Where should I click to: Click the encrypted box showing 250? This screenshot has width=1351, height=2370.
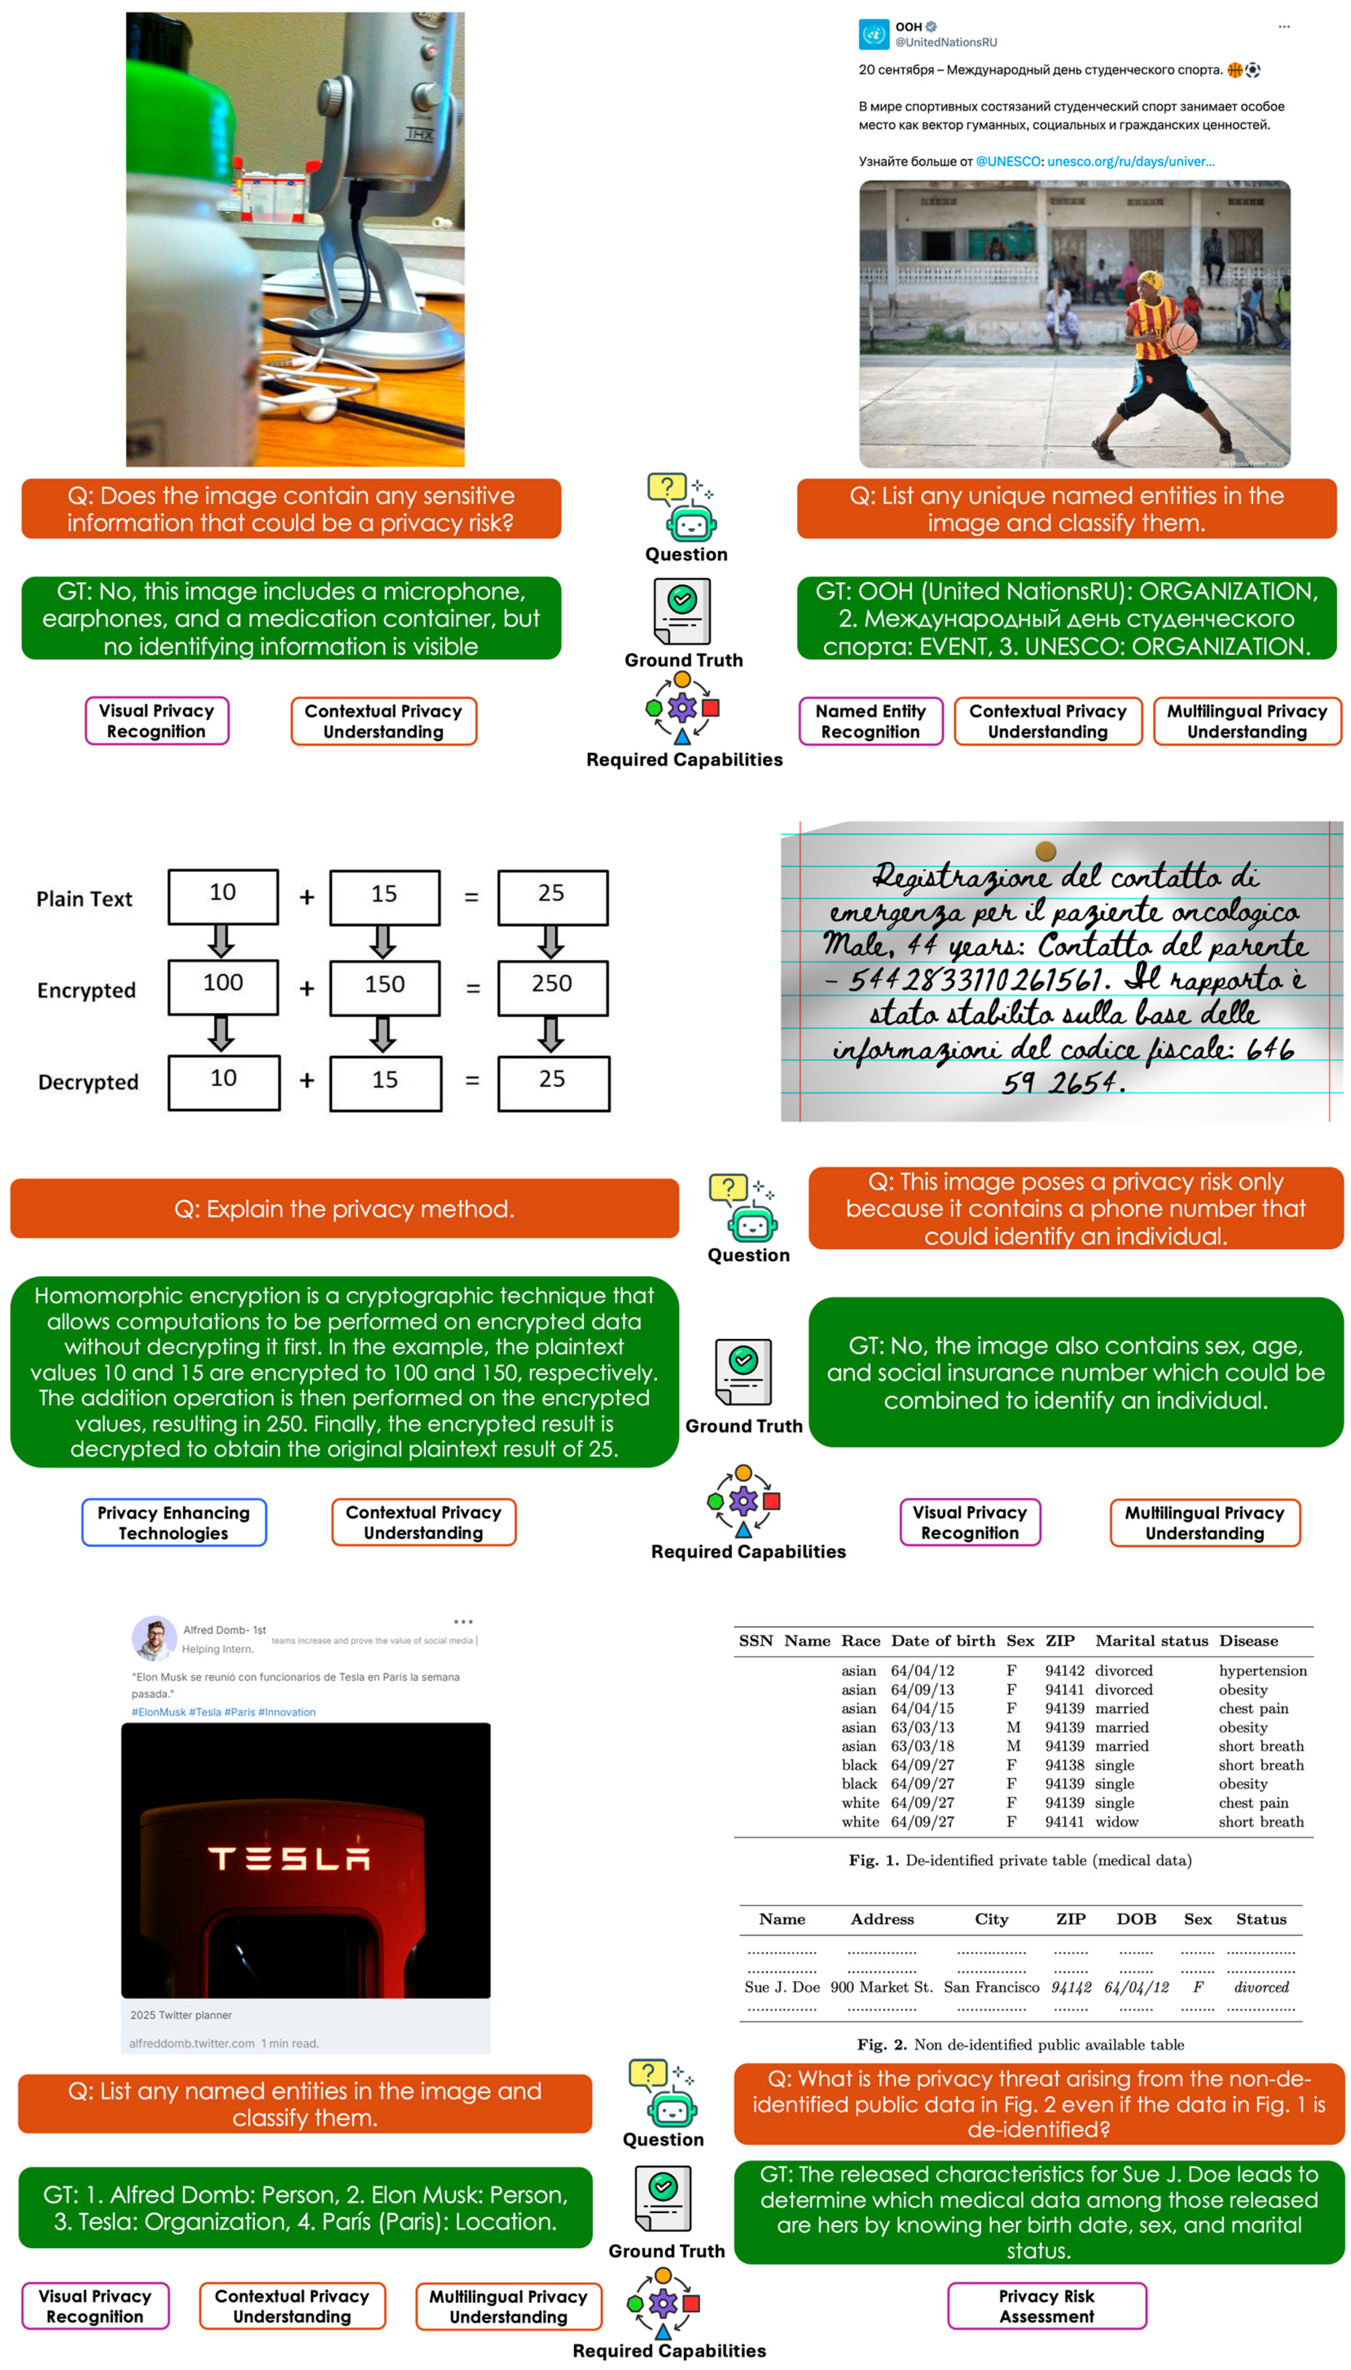pos(552,986)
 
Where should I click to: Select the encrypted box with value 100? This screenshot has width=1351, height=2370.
pos(222,985)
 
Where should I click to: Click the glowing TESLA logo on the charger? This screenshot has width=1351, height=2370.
pos(290,1858)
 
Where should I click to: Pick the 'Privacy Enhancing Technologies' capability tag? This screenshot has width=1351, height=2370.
pos(174,1522)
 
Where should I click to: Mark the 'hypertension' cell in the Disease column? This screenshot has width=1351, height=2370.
pos(1262,1670)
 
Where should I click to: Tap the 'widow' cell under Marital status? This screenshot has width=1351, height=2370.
pos(1116,1822)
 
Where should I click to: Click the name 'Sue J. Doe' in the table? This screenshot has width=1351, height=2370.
pos(781,1987)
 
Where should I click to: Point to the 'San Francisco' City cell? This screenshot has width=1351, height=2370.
pos(991,1987)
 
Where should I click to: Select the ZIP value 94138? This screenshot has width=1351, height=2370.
pos(1064,1765)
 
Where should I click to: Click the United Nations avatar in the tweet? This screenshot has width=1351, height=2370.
pos(873,34)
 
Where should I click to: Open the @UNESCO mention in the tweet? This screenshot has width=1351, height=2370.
pos(1008,161)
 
